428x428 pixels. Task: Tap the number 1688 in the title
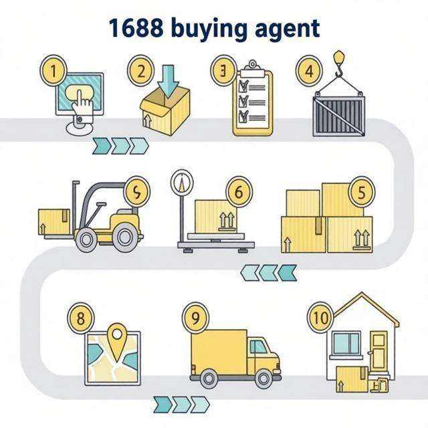coord(136,28)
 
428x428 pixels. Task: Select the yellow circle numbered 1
coord(53,70)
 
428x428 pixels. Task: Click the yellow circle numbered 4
coord(309,71)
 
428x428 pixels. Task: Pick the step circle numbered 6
coord(239,192)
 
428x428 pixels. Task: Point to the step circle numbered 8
coord(81,318)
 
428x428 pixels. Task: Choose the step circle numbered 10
coord(321,318)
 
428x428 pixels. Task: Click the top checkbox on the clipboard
coord(243,86)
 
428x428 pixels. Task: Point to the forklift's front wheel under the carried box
coord(86,239)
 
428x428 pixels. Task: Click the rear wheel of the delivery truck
coord(209,379)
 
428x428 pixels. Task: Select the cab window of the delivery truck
coord(258,346)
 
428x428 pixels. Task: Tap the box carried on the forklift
coord(54,221)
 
